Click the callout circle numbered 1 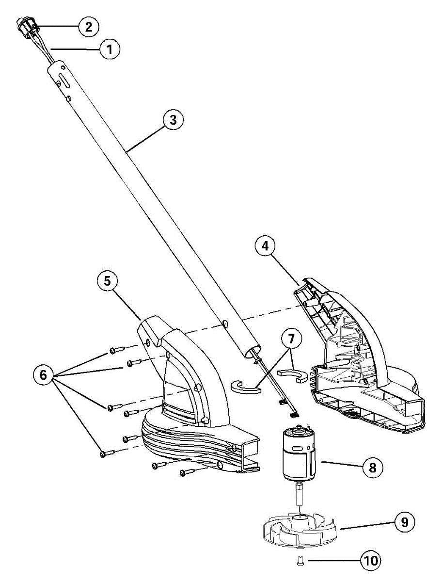(110, 49)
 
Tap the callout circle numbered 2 (89, 26)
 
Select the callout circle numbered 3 (173, 120)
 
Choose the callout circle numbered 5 (107, 281)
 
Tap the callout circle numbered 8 (372, 468)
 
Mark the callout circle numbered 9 (405, 522)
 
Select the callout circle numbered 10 (371, 561)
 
